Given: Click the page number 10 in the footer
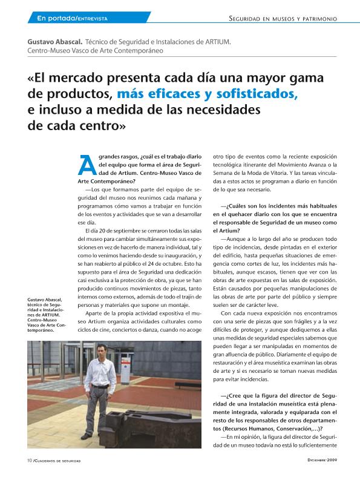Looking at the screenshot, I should [x=29, y=461].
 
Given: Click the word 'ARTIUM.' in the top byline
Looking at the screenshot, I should [x=215, y=42].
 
